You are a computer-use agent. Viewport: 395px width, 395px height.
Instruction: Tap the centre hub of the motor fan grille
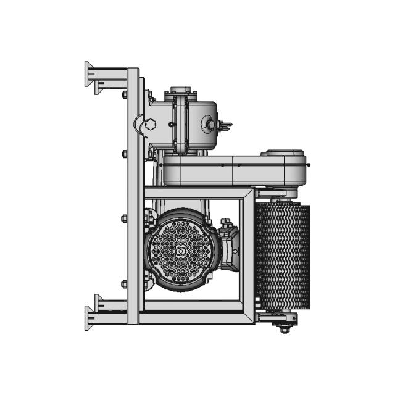pyautogui.click(x=180, y=251)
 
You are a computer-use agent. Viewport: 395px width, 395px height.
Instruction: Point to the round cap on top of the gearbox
pyautogui.click(x=180, y=90)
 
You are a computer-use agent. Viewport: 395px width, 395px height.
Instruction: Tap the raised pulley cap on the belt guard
pyautogui.click(x=283, y=152)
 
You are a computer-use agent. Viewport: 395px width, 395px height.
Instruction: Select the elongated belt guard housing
pyautogui.click(x=235, y=170)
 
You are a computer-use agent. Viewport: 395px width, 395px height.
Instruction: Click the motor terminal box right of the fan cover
pyautogui.click(x=229, y=250)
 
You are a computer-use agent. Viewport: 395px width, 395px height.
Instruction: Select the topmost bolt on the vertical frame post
pyautogui.click(x=124, y=94)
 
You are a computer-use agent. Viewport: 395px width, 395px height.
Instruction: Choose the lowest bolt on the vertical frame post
pyautogui.click(x=124, y=285)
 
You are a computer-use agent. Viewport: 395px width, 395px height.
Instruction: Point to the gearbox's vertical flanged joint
pyautogui.click(x=180, y=123)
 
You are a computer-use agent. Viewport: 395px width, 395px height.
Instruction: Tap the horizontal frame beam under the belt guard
pyautogui.click(x=197, y=193)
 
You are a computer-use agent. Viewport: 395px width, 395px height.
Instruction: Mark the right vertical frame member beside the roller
pyautogui.click(x=248, y=256)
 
